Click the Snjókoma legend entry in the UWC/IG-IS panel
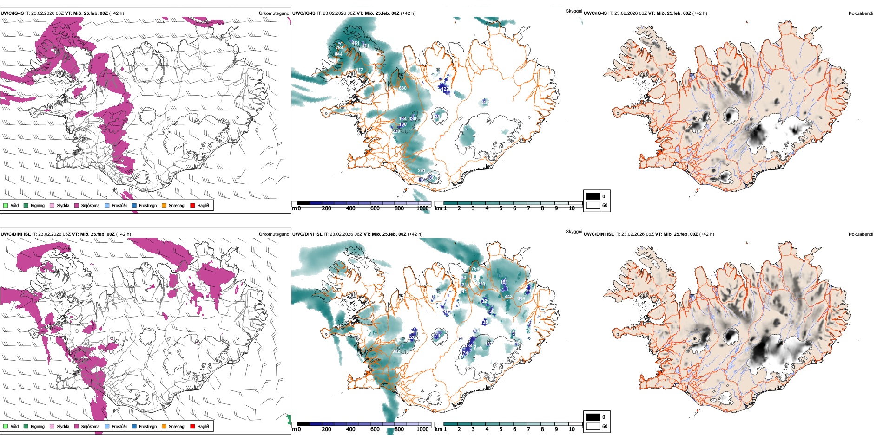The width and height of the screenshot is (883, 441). [90, 205]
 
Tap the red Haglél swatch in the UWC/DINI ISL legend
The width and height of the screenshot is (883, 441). [192, 426]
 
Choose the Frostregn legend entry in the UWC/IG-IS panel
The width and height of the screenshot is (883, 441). [147, 205]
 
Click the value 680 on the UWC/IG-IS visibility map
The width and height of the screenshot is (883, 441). [402, 88]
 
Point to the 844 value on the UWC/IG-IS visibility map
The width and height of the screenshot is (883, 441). [338, 54]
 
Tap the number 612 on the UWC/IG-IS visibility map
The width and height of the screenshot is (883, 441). [359, 70]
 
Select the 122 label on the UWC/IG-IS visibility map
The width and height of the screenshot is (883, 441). [445, 89]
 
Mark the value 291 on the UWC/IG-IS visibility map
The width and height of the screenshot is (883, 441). [421, 171]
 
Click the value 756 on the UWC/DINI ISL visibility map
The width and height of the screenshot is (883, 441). [475, 269]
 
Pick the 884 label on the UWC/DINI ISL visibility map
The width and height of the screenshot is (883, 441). [521, 298]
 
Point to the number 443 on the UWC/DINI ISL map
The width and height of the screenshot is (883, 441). [508, 297]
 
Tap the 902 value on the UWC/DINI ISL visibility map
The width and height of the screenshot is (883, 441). [396, 351]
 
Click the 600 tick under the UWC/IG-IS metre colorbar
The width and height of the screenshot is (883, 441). [375, 209]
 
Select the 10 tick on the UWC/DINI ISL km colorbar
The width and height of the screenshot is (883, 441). [572, 429]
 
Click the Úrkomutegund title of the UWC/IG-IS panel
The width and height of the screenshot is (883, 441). [274, 13]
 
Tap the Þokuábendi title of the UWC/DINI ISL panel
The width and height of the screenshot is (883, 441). [860, 234]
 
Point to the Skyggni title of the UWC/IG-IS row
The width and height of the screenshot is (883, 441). [573, 11]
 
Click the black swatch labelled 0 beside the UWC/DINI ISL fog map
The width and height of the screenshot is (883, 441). [593, 417]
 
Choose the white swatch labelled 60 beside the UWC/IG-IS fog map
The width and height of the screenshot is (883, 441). [593, 205]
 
